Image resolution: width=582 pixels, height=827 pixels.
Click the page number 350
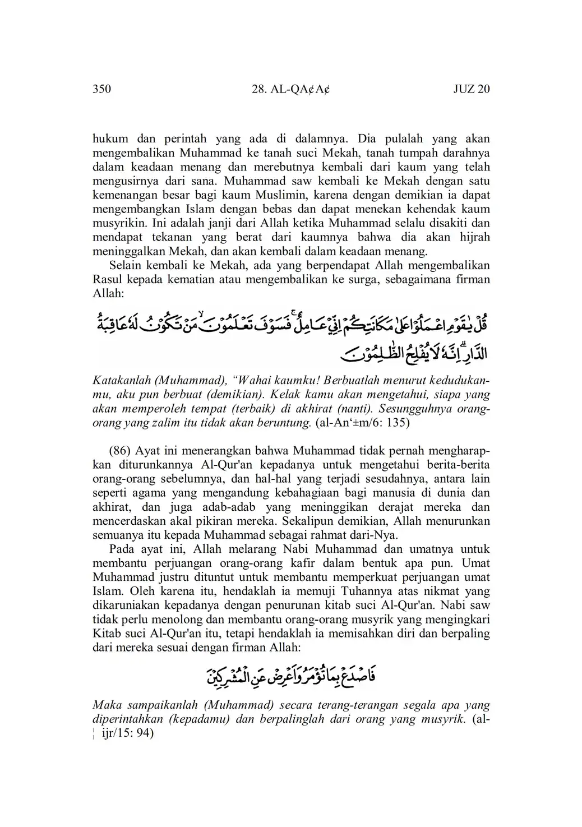coord(101,89)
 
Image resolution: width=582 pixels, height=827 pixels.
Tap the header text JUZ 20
coord(472,89)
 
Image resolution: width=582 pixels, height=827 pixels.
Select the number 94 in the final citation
coord(145,732)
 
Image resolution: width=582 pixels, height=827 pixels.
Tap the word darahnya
coord(466,153)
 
